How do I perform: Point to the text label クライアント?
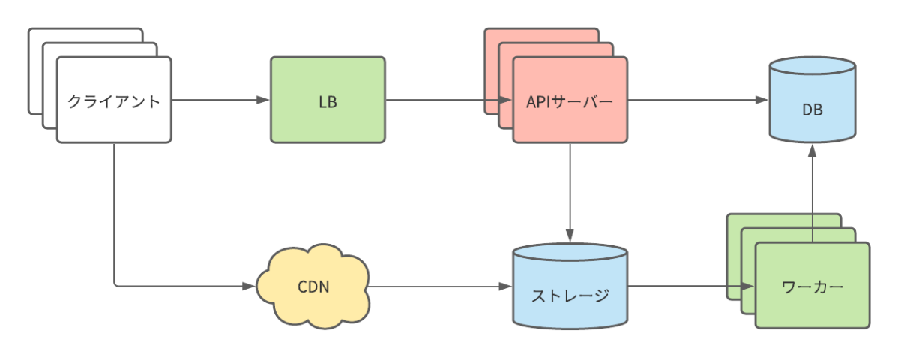(x=114, y=100)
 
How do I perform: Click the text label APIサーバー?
(x=570, y=100)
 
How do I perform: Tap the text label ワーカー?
(x=812, y=286)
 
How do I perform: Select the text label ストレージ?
(x=570, y=295)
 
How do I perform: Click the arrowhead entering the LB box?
(x=263, y=100)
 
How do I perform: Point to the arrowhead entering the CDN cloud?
(x=250, y=286)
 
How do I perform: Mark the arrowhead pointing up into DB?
(x=812, y=151)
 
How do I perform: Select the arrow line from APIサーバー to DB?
(x=693, y=100)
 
